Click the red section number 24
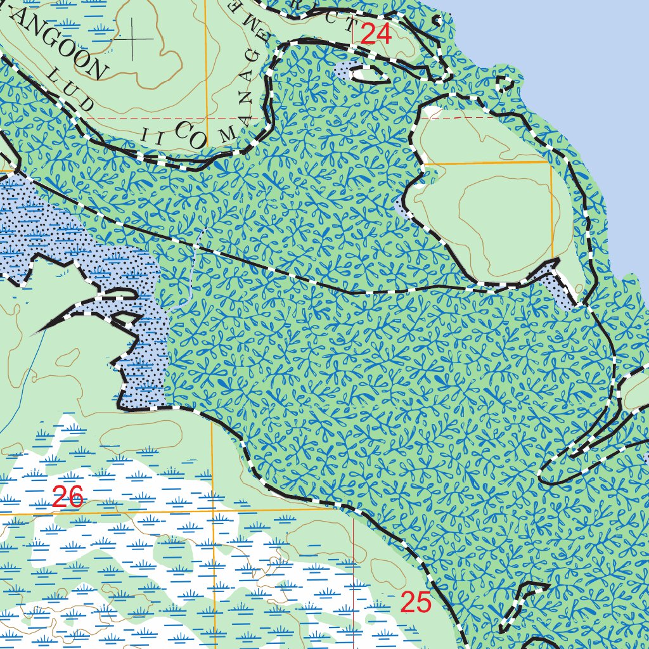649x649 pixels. (x=376, y=34)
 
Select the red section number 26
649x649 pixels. (x=68, y=498)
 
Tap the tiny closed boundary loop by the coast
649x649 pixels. (x=505, y=83)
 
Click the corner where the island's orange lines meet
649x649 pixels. (x=551, y=162)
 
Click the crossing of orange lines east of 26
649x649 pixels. (x=212, y=510)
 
